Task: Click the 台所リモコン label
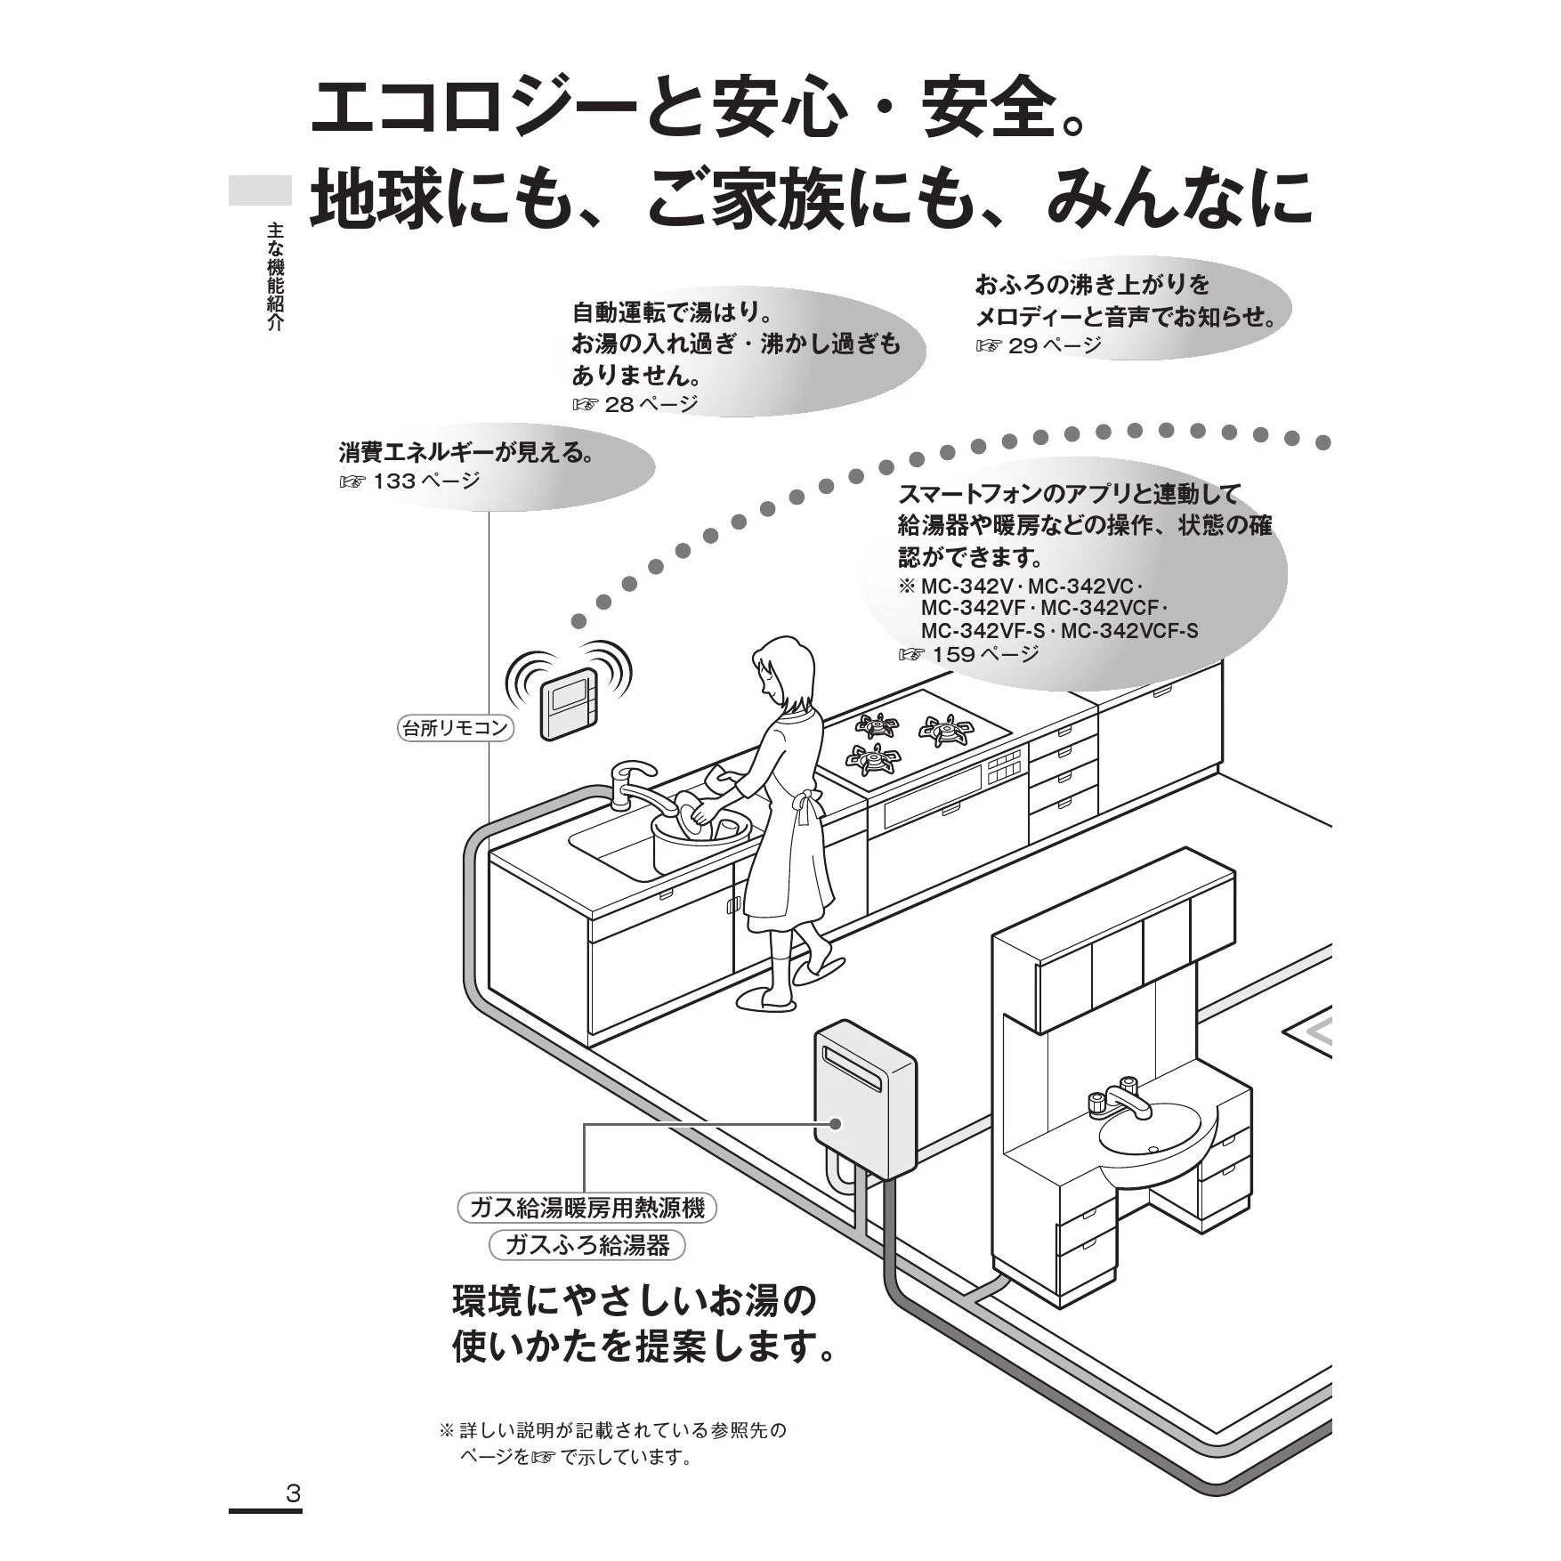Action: pyautogui.click(x=454, y=728)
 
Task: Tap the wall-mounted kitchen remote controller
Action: pyautogui.click(x=569, y=702)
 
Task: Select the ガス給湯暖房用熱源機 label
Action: pyautogui.click(x=586, y=1208)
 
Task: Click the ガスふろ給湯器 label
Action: pyautogui.click(x=586, y=1244)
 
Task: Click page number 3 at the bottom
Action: pyautogui.click(x=293, y=1492)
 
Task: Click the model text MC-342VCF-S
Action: pyautogui.click(x=1129, y=631)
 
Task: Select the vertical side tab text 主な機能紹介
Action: pyautogui.click(x=275, y=277)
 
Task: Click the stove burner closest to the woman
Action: pyautogui.click(x=873, y=758)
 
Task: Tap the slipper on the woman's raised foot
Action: pyautogui.click(x=818, y=967)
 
